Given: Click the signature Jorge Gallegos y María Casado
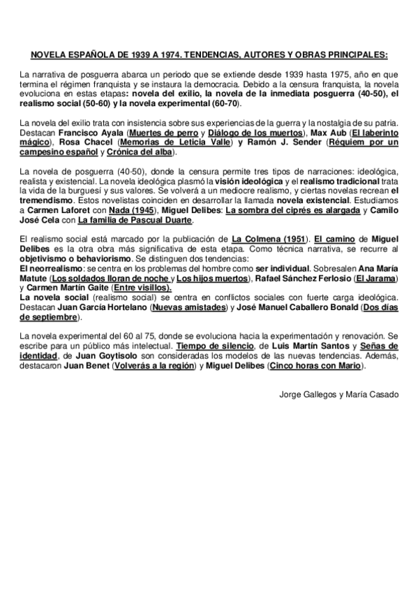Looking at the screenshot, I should [x=338, y=394].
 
